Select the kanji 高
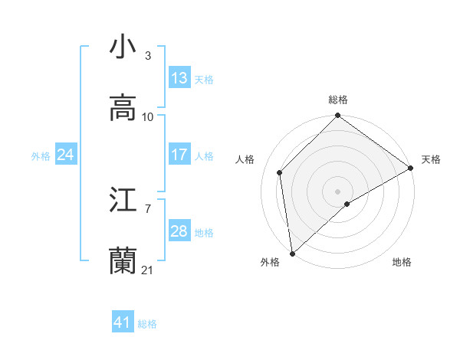[x=123, y=108]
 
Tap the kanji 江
[x=123, y=201]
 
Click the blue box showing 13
[x=179, y=78]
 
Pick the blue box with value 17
[x=179, y=155]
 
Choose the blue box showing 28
[x=179, y=231]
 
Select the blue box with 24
[x=65, y=155]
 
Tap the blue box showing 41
[x=123, y=323]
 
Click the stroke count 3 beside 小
[x=148, y=56]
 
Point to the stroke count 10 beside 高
[x=148, y=117]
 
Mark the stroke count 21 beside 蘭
[x=148, y=270]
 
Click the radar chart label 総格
[x=338, y=100]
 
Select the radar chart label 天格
[x=431, y=159]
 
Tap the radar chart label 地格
[x=402, y=262]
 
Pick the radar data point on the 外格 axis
[x=292, y=253]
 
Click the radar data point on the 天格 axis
[x=411, y=168]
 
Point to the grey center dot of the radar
[x=338, y=191]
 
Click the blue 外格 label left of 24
[x=40, y=156]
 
